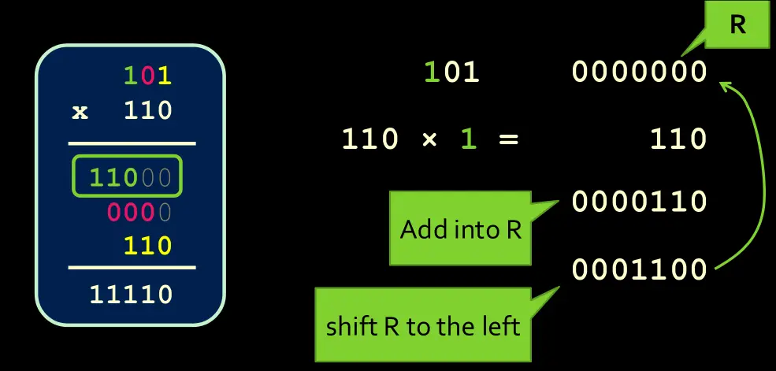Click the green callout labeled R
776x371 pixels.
[x=737, y=25]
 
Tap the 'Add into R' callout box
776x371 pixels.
[x=460, y=230]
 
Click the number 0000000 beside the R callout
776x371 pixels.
[x=640, y=72]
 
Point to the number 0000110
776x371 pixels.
[x=640, y=202]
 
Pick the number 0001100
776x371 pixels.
[x=640, y=270]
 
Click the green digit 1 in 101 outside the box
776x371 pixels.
[x=431, y=72]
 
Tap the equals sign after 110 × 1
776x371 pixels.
[x=508, y=139]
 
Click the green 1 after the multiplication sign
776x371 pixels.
[x=469, y=139]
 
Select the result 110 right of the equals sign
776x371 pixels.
[x=678, y=139]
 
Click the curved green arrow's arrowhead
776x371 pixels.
[x=724, y=83]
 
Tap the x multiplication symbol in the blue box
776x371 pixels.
[x=80, y=111]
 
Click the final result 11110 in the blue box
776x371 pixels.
[x=131, y=295]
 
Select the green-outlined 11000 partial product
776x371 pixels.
[x=127, y=176]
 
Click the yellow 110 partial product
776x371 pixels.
[x=147, y=247]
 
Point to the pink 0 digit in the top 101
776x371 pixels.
[x=147, y=76]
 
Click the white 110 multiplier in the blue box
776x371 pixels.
[x=147, y=110]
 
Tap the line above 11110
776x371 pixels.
[x=131, y=269]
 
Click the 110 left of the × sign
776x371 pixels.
[x=369, y=139]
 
